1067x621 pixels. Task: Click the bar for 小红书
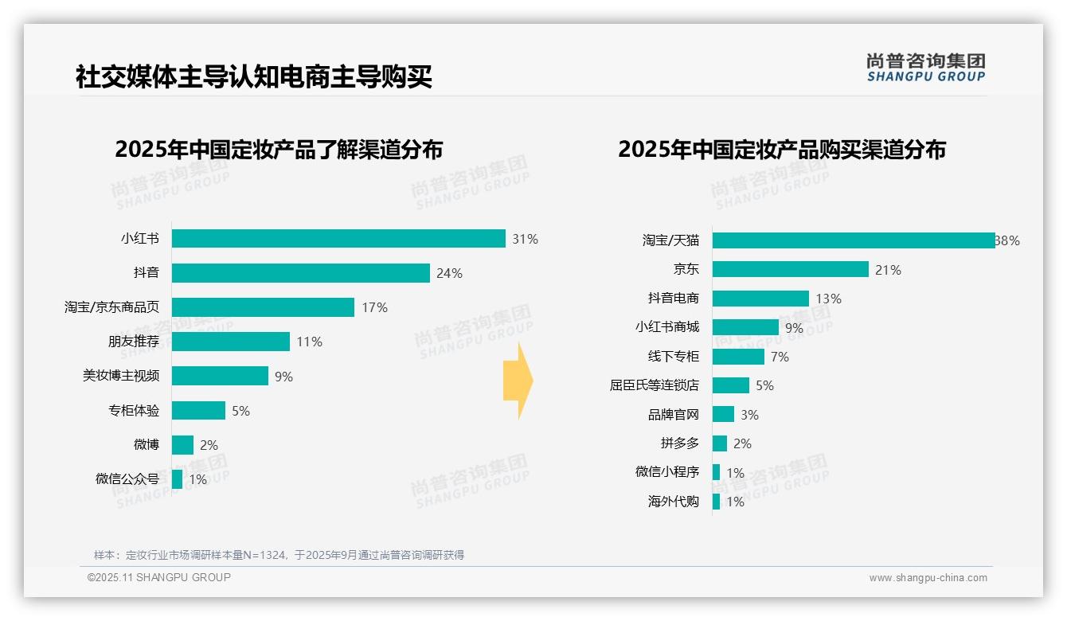click(x=338, y=239)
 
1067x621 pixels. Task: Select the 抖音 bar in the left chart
click(x=301, y=273)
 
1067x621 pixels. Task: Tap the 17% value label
click(x=374, y=307)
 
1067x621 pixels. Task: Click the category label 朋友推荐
click(x=134, y=342)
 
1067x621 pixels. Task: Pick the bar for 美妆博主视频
click(x=221, y=376)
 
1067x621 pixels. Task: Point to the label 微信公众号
click(x=127, y=478)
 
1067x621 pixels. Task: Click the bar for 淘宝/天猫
click(x=854, y=240)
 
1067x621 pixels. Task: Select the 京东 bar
click(x=790, y=270)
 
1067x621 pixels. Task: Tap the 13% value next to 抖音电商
click(x=828, y=299)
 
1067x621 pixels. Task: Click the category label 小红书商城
click(x=667, y=327)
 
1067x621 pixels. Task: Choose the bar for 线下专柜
click(x=738, y=357)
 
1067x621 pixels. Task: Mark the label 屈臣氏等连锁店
click(x=655, y=385)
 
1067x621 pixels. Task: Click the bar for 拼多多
click(x=720, y=443)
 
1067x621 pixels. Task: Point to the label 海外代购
click(x=674, y=502)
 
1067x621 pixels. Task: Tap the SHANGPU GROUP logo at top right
click(x=925, y=68)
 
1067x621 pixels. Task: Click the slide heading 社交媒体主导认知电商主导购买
click(x=254, y=77)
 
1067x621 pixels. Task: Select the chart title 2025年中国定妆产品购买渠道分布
click(x=781, y=150)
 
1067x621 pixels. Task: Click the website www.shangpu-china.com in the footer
click(x=928, y=578)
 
